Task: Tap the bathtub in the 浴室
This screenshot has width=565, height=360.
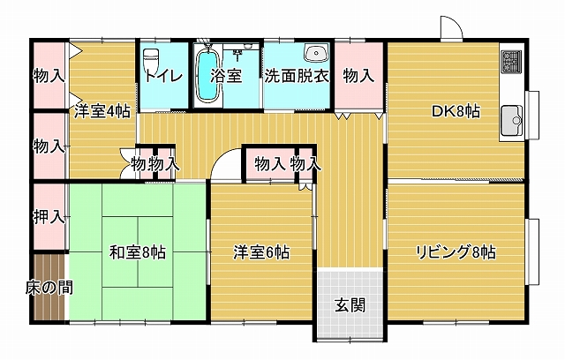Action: pyautogui.click(x=208, y=75)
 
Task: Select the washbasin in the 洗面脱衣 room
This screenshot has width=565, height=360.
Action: pyautogui.click(x=316, y=53)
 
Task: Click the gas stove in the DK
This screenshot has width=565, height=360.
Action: pyautogui.click(x=511, y=61)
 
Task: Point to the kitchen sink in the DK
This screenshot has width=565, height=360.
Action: pyautogui.click(x=511, y=120)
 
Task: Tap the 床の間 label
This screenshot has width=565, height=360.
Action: pyautogui.click(x=49, y=288)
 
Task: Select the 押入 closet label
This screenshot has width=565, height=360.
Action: pyautogui.click(x=49, y=217)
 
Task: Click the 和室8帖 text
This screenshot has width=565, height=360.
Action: pyautogui.click(x=138, y=252)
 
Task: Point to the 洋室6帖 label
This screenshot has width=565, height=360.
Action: pyautogui.click(x=261, y=252)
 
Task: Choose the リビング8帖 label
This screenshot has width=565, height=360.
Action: pyautogui.click(x=456, y=252)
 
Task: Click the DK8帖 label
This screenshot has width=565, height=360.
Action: pyautogui.click(x=456, y=111)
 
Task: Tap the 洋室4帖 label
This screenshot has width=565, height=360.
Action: pyautogui.click(x=102, y=111)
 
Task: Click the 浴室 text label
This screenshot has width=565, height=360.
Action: pyautogui.click(x=226, y=76)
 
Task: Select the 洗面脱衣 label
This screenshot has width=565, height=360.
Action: pyautogui.click(x=297, y=76)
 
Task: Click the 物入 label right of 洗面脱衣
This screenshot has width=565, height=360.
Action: pyautogui.click(x=358, y=76)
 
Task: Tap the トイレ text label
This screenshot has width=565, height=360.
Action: pyautogui.click(x=164, y=76)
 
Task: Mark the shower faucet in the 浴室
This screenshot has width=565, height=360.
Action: pyautogui.click(x=237, y=55)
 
